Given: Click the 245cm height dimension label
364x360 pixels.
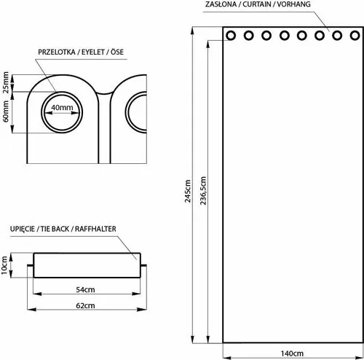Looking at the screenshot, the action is [188, 191].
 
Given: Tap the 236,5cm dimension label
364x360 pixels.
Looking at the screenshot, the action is [203, 191].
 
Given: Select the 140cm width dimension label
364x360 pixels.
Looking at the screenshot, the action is [292, 353].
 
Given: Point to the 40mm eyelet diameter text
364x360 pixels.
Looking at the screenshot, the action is [62, 107].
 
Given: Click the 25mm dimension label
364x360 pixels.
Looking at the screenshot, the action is [6, 82].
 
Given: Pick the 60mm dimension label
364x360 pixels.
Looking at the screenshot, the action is [6, 111].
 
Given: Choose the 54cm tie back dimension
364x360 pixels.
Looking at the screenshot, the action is [85, 289].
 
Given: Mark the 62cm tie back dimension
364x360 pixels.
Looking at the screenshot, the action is [85, 305].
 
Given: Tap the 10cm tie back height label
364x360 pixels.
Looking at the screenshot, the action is [4, 265].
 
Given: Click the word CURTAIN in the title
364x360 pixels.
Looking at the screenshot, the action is [257, 4].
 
